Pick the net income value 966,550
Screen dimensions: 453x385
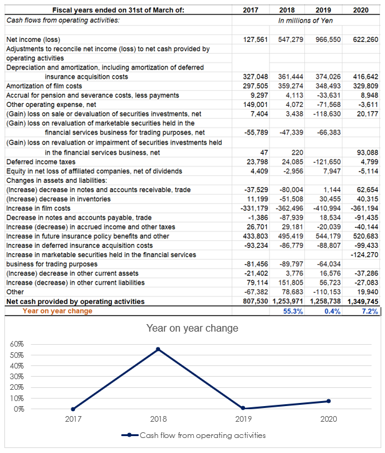coord(327,39)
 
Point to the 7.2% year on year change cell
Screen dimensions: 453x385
coord(369,311)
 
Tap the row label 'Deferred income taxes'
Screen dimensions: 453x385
coord(38,161)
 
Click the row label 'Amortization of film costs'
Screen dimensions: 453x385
coord(44,86)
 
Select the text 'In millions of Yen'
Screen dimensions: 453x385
coord(306,21)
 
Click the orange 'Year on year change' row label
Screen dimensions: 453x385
coord(57,311)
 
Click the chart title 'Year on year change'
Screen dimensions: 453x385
coord(192,328)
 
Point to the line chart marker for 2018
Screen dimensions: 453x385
coord(159,349)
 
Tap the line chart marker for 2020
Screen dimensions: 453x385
coord(329,401)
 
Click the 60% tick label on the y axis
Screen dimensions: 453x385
coord(17,345)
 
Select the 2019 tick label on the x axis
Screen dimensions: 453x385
coord(244,419)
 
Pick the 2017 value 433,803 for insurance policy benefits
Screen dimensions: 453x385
coord(255,237)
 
